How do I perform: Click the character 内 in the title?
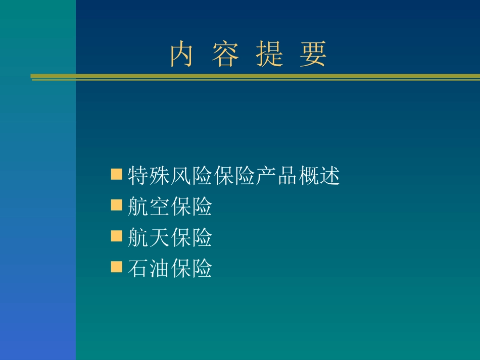[181, 55]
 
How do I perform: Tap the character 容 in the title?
[225, 55]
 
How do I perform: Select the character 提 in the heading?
[269, 55]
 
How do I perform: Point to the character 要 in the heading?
[313, 55]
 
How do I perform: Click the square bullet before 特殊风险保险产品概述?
[117, 175]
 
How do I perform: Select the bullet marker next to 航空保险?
[117, 204]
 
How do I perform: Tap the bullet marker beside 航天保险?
[117, 235]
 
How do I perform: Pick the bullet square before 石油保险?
[117, 266]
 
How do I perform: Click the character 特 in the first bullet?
[138, 176]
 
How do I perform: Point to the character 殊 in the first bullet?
[159, 176]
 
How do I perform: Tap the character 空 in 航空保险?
[159, 207]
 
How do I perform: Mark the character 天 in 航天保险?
[159, 238]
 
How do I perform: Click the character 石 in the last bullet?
[138, 269]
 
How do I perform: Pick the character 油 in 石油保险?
[159, 269]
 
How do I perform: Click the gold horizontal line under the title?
[253, 77]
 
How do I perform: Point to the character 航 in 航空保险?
[138, 207]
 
